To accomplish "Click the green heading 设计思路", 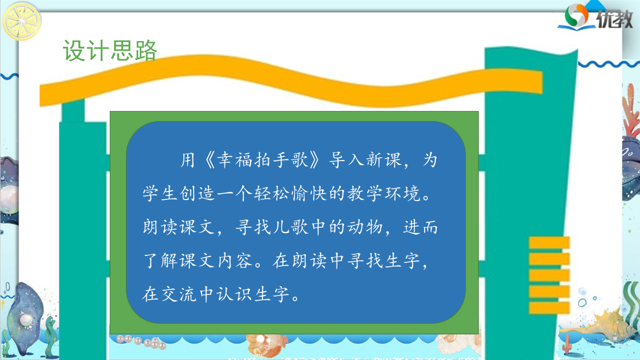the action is click(x=110, y=51).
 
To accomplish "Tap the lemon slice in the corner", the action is click(x=21, y=21).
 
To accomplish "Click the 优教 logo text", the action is click(x=614, y=19).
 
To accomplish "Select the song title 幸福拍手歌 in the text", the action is click(x=262, y=159).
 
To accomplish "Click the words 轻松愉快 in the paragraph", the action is click(x=290, y=194).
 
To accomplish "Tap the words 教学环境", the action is click(x=383, y=194).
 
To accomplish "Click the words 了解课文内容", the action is click(x=198, y=261).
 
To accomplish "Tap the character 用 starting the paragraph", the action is click(x=188, y=159).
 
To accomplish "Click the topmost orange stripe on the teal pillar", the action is click(x=549, y=243).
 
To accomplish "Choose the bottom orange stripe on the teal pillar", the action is click(x=549, y=308).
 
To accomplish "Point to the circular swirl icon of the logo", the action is click(x=576, y=14).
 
